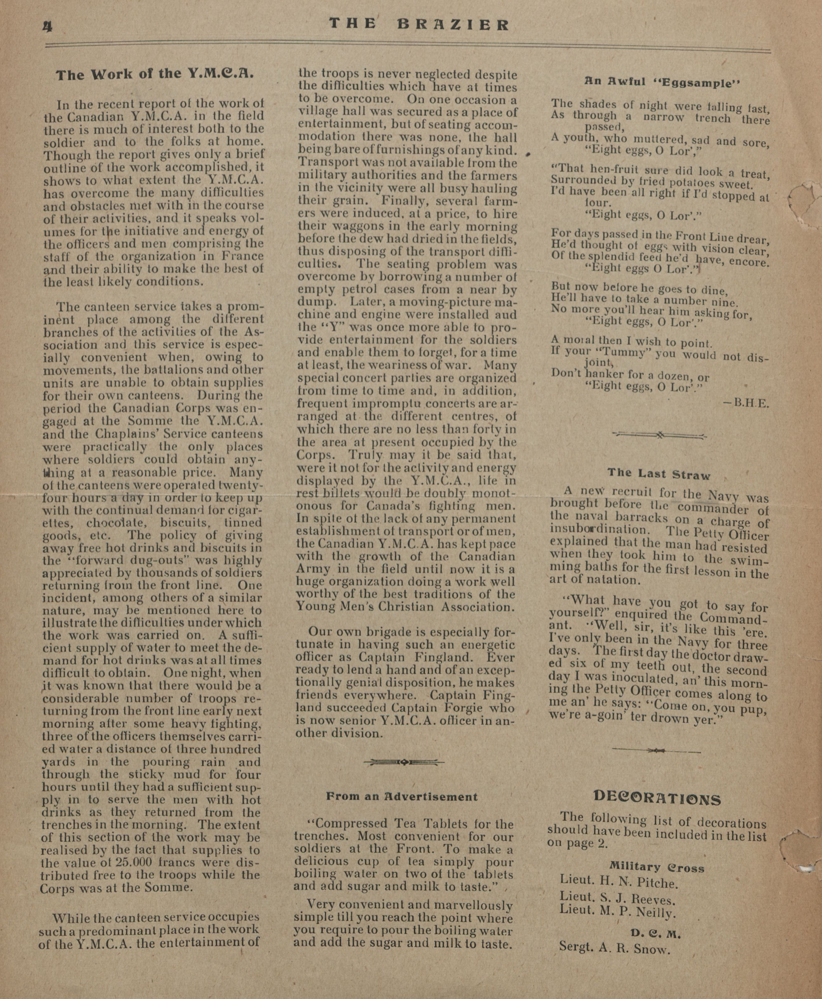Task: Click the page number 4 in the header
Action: pos(47,27)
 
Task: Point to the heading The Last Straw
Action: pos(658,474)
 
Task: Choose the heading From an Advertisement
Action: pos(402,796)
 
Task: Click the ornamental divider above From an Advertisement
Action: pos(404,762)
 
